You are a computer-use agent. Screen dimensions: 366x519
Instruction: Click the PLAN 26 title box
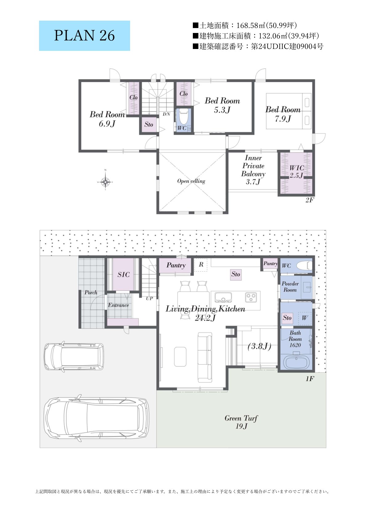pos(84,36)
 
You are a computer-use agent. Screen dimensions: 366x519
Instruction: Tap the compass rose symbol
pos(105,182)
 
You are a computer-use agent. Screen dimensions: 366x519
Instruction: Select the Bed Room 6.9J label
pos(107,119)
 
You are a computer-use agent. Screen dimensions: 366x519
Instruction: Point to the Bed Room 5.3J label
pos(222,105)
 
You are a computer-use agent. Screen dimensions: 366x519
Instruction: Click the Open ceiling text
pos(191,181)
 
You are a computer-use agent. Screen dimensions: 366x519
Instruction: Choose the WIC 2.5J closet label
pos(296,172)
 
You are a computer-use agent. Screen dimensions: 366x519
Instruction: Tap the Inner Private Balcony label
pos(253,170)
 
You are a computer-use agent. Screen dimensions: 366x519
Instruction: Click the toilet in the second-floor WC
pos(184,117)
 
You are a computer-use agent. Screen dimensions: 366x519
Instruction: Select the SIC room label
pos(123,275)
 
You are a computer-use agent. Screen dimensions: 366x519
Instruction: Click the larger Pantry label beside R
pos(176,265)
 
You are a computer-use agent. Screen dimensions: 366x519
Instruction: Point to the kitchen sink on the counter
pos(223,297)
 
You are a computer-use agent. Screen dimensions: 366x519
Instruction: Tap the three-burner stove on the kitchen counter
pos(251,297)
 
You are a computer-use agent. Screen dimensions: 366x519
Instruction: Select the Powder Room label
pos(290,287)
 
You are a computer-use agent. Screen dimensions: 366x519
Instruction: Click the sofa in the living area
pos(205,358)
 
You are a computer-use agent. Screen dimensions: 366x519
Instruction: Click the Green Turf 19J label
pos(241,422)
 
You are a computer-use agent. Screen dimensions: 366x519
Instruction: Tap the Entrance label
pos(118,305)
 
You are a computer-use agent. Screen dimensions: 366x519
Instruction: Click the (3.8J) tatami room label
pos(259,346)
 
